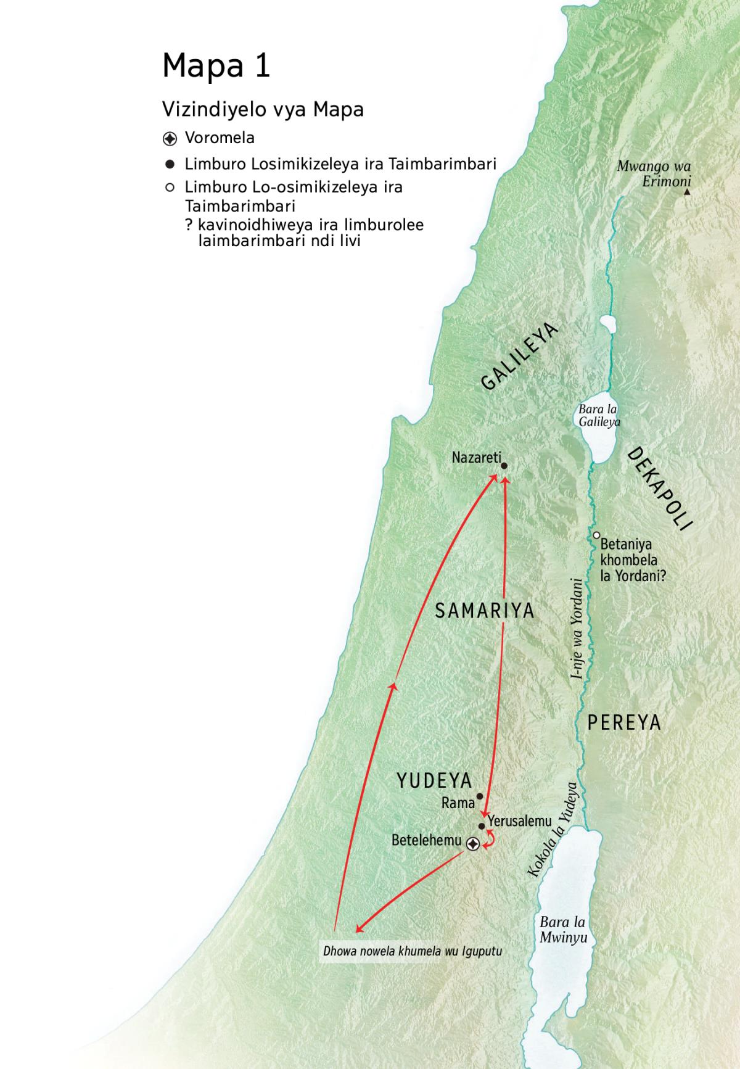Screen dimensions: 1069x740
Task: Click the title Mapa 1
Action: [x=216, y=65]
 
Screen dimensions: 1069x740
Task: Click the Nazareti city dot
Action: [x=504, y=466]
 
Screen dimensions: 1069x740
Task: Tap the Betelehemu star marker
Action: [x=473, y=844]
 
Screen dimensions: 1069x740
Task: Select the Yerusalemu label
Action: [x=519, y=821]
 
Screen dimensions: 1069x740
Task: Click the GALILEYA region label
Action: [x=519, y=357]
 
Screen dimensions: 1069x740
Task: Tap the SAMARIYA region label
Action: [x=485, y=611]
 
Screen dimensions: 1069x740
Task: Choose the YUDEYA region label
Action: [x=434, y=780]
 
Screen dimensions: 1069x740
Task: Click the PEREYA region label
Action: [x=623, y=722]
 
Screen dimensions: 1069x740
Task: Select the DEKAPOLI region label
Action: [x=660, y=489]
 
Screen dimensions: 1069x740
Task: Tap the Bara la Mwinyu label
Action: [x=563, y=930]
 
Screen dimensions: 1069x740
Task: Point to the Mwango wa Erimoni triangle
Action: [x=687, y=192]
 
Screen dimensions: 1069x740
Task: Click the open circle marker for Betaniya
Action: [x=596, y=535]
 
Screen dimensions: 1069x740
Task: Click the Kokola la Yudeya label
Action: [x=553, y=830]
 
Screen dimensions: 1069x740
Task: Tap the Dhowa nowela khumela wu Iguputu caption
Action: [x=412, y=951]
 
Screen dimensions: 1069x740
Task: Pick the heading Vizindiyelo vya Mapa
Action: [x=263, y=110]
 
